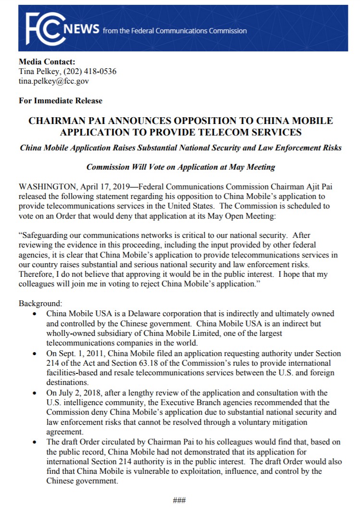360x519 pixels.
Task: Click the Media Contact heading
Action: click(x=47, y=62)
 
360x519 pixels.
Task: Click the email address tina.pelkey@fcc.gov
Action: click(x=54, y=81)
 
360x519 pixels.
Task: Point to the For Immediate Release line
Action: click(x=61, y=101)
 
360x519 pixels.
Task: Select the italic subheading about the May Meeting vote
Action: click(x=181, y=167)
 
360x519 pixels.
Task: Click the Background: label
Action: click(x=40, y=304)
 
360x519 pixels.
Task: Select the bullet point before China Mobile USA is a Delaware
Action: click(x=35, y=314)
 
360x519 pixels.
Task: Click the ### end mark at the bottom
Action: click(x=179, y=500)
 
